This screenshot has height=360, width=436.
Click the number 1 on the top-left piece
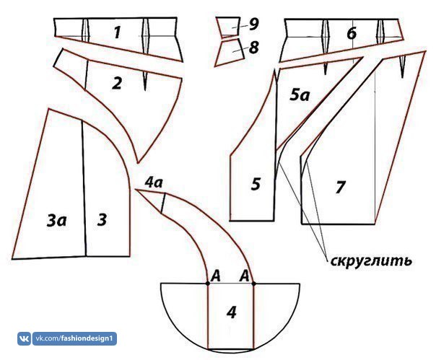pos(118,31)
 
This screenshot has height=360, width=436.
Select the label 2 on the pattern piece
pos(117,83)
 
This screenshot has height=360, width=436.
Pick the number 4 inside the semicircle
pos(231,312)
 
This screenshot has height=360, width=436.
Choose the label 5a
pos(300,93)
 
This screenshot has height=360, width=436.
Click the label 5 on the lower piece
pos(256,184)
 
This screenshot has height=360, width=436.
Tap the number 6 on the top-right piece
pos(351,32)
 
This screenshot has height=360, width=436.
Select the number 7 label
pos(340,187)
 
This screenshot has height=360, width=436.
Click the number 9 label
pos(253,24)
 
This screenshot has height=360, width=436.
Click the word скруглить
pos(370,260)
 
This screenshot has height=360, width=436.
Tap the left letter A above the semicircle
pos(214,275)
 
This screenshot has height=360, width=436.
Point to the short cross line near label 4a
pos(164,205)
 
